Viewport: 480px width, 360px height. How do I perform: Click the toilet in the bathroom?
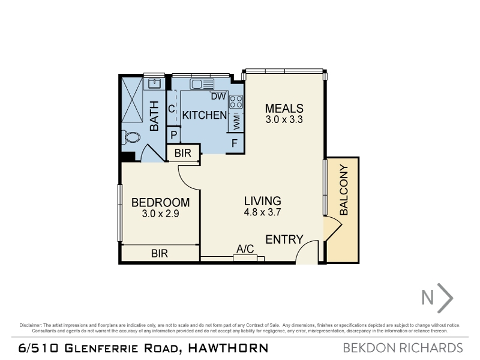tap(131, 137)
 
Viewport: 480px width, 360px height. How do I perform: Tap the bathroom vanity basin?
tap(154, 83)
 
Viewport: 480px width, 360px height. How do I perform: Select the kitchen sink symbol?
tap(202, 84)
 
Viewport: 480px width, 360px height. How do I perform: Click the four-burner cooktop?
tap(236, 102)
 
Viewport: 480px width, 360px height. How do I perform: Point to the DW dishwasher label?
tap(218, 97)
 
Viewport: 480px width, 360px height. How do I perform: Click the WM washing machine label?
tap(236, 122)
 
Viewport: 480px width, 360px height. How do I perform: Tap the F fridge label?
tap(235, 143)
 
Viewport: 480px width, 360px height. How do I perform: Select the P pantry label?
tap(174, 135)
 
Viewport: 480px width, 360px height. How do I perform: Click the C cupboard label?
tap(172, 109)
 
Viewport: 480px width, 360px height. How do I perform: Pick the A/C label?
tap(245, 249)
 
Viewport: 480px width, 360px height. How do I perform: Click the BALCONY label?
tap(344, 190)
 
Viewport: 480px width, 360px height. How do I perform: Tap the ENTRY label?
tap(284, 239)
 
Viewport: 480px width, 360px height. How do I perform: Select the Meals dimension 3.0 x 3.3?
tap(284, 119)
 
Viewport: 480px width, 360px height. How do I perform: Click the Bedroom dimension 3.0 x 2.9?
tap(160, 214)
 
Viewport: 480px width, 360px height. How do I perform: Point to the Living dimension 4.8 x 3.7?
tap(263, 212)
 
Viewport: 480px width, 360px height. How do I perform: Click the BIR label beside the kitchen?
tap(183, 153)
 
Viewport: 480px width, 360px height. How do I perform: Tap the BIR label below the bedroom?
tap(160, 253)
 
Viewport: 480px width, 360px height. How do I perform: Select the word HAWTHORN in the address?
tap(228, 348)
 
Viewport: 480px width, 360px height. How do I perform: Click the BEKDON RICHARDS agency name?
tap(403, 348)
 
